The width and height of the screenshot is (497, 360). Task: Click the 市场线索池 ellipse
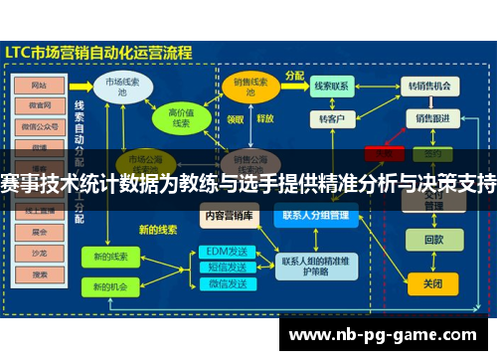point(122,86)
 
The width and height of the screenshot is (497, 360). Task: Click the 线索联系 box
point(331,87)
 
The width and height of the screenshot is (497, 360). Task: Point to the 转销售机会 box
point(430,87)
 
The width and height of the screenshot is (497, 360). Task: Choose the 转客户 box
point(331,119)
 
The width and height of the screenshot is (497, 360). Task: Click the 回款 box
point(433,240)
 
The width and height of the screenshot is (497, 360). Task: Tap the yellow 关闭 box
point(433,283)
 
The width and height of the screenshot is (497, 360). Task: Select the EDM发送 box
point(225,252)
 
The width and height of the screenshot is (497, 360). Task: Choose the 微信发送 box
point(225,284)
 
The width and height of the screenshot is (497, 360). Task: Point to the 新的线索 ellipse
point(109,257)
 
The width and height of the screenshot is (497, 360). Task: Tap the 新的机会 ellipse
point(109,286)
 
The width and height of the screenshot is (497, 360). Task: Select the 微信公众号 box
point(40,126)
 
